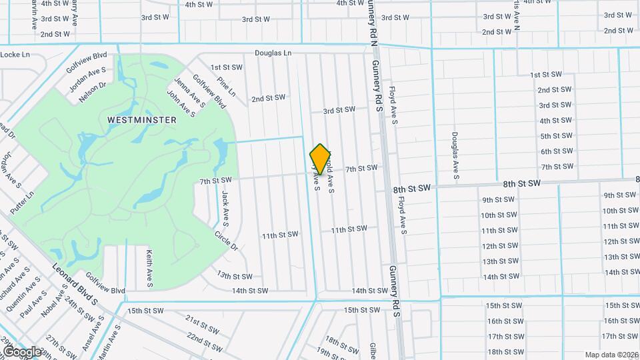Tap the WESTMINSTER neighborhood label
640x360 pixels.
tap(141, 120)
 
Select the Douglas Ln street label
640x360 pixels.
tap(273, 53)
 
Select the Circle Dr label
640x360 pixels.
tap(226, 241)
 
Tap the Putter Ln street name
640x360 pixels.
tap(22, 202)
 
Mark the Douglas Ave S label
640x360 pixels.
tap(455, 155)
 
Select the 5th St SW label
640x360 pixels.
tap(557, 136)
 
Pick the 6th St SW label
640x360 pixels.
tap(557, 151)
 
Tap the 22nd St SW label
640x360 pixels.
tap(204, 339)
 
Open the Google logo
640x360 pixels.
tap(21, 351)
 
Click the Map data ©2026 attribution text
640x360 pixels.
tap(610, 355)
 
